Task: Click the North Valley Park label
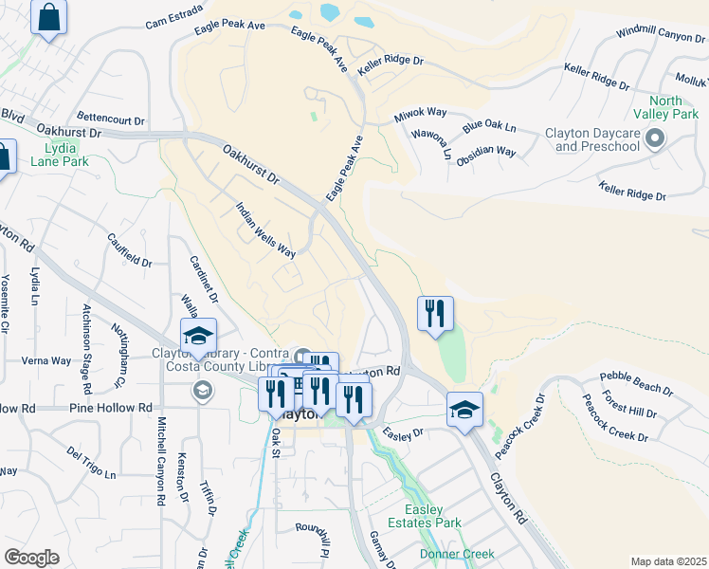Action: (x=673, y=107)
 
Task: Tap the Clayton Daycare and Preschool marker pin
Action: (x=654, y=140)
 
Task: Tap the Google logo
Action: (x=31, y=557)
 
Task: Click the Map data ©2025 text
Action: (x=667, y=561)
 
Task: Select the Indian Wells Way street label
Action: (x=266, y=229)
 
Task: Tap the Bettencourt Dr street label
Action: (x=111, y=120)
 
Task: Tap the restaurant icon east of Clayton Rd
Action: (x=435, y=314)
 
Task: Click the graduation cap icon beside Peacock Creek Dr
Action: (x=464, y=410)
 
